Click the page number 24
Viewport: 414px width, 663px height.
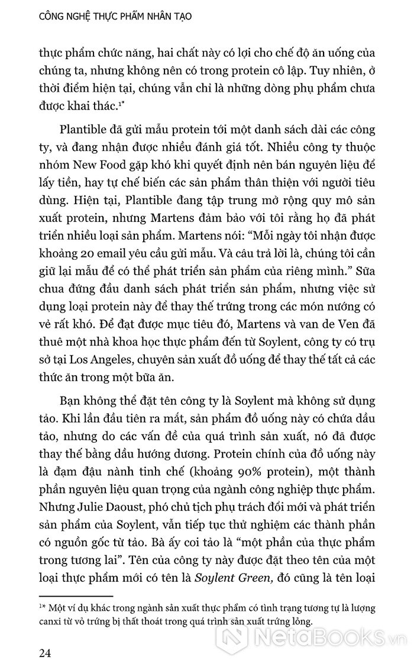pyautogui.click(x=46, y=651)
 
